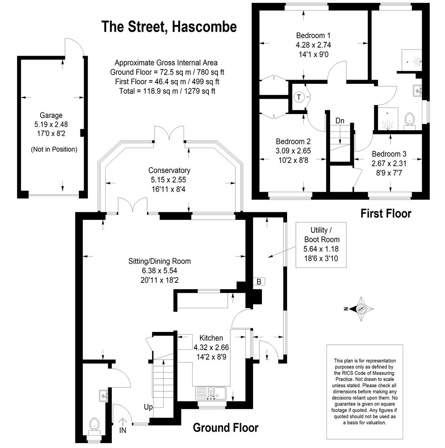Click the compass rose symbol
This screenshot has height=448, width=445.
click(361, 309)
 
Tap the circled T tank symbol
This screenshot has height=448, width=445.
click(299, 97)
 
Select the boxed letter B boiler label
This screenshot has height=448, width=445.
click(259, 281)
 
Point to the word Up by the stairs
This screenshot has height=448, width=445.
click(148, 407)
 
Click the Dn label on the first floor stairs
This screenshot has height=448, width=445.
click(340, 121)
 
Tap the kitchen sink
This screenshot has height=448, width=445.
click(211, 393)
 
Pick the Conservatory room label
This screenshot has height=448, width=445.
click(169, 170)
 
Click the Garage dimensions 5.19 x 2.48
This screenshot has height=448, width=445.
click(51, 124)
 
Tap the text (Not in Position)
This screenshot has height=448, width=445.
click(54, 149)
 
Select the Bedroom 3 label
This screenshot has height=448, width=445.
click(389, 154)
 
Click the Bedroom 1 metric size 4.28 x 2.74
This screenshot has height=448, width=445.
click(313, 45)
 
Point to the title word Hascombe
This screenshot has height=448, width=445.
click(204, 27)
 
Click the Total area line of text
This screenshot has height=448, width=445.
click(167, 91)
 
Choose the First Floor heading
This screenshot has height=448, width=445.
click(386, 214)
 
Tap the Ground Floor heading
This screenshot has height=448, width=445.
click(226, 428)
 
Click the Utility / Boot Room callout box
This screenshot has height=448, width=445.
click(321, 245)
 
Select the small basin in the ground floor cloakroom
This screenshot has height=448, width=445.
click(103, 396)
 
